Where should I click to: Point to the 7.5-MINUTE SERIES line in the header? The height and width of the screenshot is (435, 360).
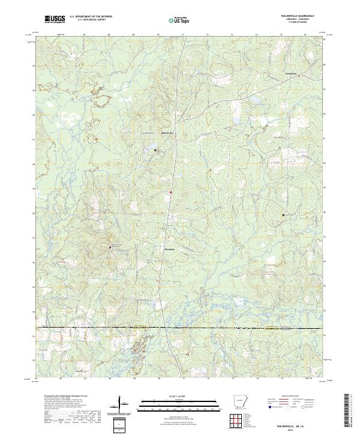point(288,23)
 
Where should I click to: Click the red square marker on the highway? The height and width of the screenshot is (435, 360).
point(170,192)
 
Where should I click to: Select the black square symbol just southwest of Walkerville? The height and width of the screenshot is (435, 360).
point(155,150)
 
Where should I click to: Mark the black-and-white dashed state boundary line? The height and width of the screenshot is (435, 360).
point(180,328)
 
